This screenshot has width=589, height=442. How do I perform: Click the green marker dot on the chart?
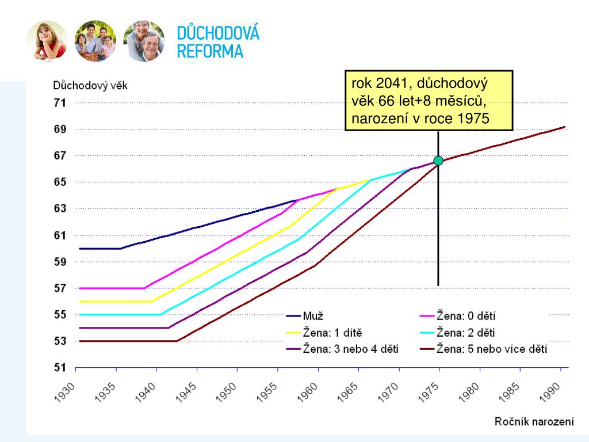pyautogui.click(x=438, y=161)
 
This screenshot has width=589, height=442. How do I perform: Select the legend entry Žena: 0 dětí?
pyautogui.click(x=466, y=316)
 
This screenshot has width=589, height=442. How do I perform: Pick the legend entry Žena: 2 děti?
pyautogui.click(x=466, y=333)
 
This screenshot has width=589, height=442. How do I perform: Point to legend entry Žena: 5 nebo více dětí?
pyautogui.click(x=492, y=349)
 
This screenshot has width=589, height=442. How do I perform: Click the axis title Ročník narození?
pyautogui.click(x=534, y=422)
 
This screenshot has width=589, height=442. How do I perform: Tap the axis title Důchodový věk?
pyautogui.click(x=90, y=86)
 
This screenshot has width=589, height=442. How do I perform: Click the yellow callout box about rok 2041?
pyautogui.click(x=429, y=101)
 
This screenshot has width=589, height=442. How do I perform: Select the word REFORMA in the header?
pyautogui.click(x=210, y=51)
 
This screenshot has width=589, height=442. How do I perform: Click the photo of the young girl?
pyautogui.click(x=47, y=41)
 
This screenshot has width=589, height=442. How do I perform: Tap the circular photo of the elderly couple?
pyautogui.click(x=144, y=41)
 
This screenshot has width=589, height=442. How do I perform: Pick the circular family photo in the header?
pyautogui.click(x=95, y=41)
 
